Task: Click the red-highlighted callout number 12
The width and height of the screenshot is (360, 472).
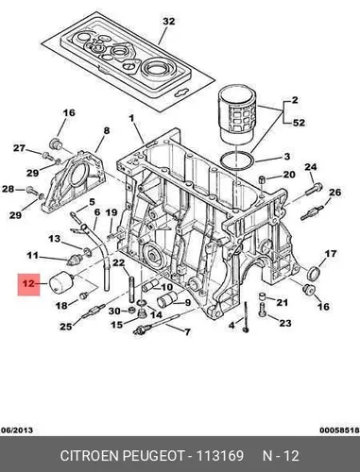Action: [x=28, y=284]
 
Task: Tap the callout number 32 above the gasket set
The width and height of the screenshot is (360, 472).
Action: [x=168, y=22]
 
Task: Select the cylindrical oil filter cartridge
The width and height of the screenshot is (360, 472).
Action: [x=237, y=115]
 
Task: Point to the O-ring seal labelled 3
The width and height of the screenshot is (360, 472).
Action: [x=237, y=160]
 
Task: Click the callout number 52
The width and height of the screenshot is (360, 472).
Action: [x=299, y=123]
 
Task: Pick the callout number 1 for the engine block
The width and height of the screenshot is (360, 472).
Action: [x=131, y=118]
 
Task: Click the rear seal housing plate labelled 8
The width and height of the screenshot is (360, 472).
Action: [x=75, y=181]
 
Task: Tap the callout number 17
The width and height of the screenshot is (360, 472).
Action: [x=331, y=254]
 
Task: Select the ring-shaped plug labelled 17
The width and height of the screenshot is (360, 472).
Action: [x=315, y=273]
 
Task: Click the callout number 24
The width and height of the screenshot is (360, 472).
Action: [x=310, y=167]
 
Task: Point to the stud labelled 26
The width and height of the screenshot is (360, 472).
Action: [x=312, y=212]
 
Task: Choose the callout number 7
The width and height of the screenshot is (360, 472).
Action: [x=187, y=331]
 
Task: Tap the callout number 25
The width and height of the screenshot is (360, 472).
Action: [x=66, y=327]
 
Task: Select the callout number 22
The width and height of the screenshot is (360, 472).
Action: [x=119, y=262]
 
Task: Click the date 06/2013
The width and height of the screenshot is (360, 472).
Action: [x=17, y=430]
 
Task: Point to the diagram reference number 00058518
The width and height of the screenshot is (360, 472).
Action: [x=339, y=430]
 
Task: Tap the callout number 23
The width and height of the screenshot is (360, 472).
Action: [x=285, y=323]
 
